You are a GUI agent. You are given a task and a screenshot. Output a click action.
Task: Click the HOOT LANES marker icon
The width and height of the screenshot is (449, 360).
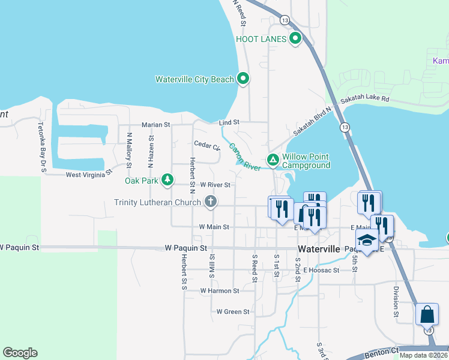coord(295,40)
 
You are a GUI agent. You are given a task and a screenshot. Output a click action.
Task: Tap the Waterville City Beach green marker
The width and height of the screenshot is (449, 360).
coord(243,79)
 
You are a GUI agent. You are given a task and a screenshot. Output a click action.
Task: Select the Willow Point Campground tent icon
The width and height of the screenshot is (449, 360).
coord(273,160)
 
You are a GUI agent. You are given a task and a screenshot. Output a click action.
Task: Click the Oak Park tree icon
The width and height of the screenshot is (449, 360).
coord(167,179)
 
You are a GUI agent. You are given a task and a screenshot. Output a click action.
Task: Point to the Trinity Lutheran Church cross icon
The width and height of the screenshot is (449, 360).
coord(210,202)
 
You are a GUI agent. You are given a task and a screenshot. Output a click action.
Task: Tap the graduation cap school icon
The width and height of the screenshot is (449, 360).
coord(367,239)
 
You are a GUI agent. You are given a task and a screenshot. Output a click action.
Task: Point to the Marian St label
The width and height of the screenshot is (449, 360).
coord(156,125)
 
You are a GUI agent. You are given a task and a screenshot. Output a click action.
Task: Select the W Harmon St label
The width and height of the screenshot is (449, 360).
coord(220,290)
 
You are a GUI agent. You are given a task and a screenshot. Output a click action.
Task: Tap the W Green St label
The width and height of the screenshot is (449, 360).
coord(233,311)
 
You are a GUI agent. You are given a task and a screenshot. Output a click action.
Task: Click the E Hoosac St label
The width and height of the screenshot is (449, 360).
coord(322,270)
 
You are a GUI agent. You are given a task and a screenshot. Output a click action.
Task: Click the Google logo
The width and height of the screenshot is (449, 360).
coord(20,353)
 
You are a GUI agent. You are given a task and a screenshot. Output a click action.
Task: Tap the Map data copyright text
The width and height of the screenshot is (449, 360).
coord(424,355)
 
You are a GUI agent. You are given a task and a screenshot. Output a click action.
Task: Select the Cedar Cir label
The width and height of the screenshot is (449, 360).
coord(207,144)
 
